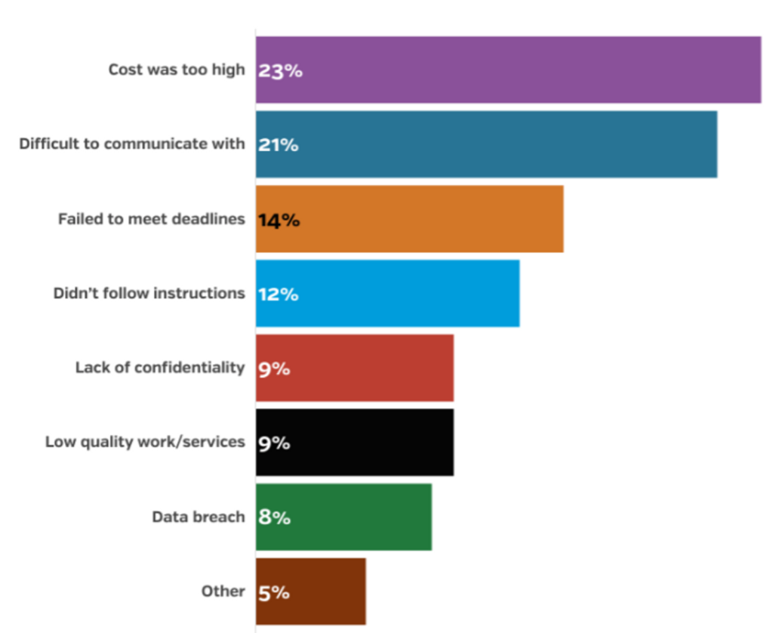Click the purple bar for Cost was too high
point(507,69)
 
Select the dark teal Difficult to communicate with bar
point(486,144)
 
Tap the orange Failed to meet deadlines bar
point(409,219)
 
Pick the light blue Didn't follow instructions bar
point(387,293)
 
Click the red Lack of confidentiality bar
point(355,368)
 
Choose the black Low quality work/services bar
point(355,442)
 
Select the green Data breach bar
point(343,517)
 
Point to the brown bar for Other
point(311,591)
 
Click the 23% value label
point(279,71)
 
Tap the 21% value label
point(278,145)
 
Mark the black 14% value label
point(279,220)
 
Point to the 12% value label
point(278,294)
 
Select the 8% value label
point(274,517)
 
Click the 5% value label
point(274,592)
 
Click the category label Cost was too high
point(177,69)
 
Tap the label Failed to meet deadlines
point(152,219)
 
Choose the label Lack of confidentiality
point(160,368)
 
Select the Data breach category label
point(199,517)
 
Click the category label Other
point(223,591)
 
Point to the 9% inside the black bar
point(274,443)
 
